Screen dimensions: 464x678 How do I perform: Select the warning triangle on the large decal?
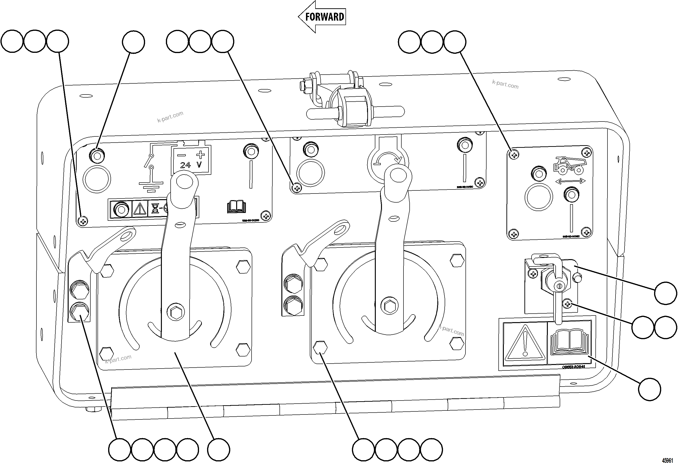(x=525, y=342)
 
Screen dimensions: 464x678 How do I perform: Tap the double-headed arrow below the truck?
(x=570, y=181)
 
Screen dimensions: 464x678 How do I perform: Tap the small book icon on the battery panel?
(x=236, y=207)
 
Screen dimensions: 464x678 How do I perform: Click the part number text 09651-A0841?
(x=573, y=366)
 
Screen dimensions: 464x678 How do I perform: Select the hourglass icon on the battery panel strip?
(x=155, y=208)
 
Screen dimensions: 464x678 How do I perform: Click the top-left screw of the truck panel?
(x=514, y=154)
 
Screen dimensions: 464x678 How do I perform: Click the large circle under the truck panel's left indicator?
(x=539, y=197)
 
